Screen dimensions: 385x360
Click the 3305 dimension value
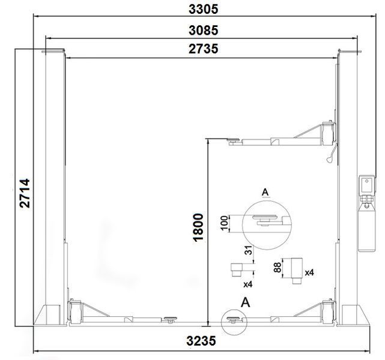pos(203,9)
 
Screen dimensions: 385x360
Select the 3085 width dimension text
pos(203,31)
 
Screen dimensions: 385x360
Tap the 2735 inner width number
pos(203,49)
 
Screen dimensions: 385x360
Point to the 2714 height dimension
pos(25,193)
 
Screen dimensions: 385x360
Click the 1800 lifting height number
pos(198,227)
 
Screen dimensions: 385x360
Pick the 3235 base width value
pos(201,341)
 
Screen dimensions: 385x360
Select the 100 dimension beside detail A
pos(225,223)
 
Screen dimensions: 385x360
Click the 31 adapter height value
pos(249,250)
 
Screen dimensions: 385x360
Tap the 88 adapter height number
pos(277,268)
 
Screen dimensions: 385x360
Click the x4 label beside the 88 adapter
pos(309,272)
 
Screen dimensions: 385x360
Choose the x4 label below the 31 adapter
pos(247,284)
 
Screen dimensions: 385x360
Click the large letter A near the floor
pos(245,302)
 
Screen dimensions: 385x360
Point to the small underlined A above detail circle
pos(265,193)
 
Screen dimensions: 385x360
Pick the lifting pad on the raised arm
pos(234,140)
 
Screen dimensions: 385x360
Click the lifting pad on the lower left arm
pos(169,319)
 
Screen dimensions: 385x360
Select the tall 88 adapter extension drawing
pos(297,271)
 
